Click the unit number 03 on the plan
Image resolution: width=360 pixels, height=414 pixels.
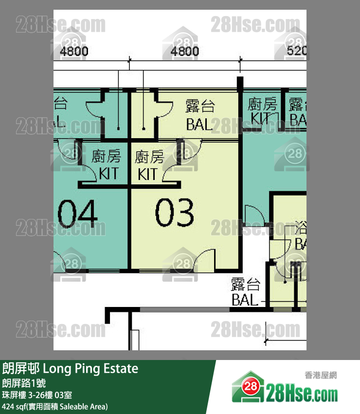coord(174,213)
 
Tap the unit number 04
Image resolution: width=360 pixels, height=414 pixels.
coord(78,213)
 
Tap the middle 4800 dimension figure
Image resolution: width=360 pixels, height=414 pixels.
coord(185,51)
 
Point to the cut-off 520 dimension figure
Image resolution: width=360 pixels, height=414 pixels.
coord(297,51)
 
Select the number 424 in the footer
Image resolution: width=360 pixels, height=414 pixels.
coord(9,406)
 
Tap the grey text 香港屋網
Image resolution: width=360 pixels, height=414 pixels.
coord(321,375)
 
